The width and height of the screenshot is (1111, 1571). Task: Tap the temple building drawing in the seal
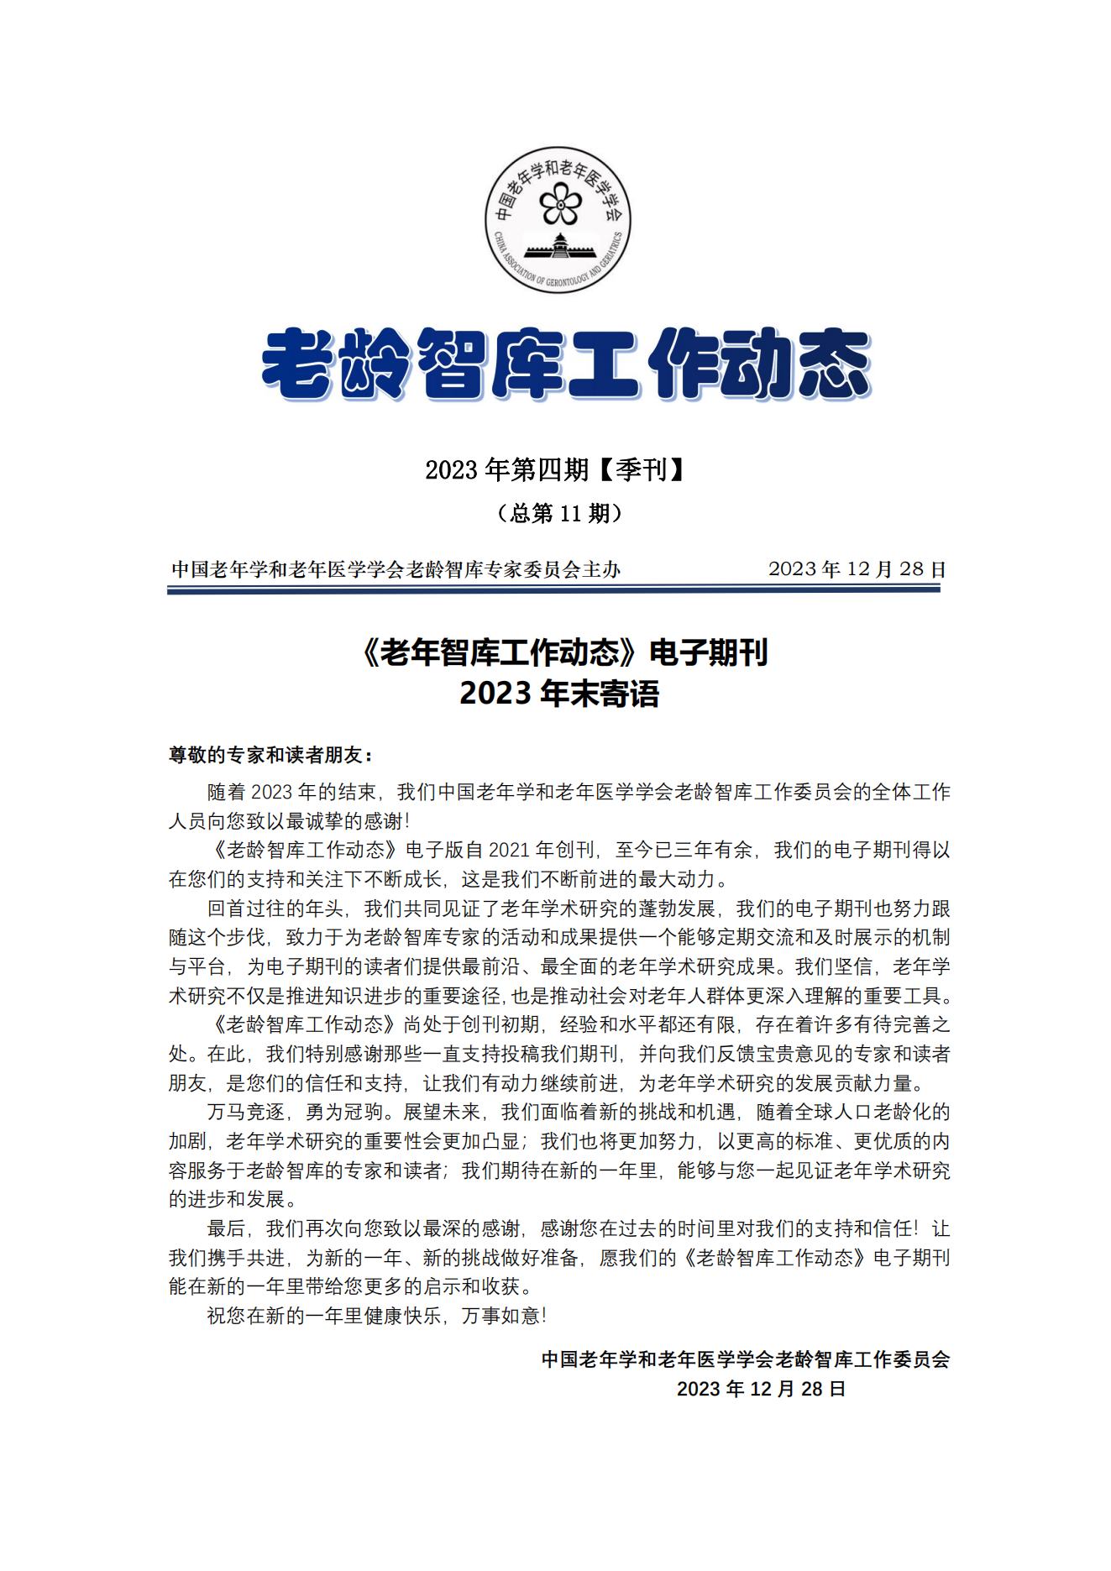coord(560,249)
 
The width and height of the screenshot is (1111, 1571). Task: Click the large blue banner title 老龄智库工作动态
coord(565,364)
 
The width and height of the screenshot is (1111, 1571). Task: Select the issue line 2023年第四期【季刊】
coord(554,469)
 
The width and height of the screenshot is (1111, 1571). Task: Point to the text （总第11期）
coord(559,513)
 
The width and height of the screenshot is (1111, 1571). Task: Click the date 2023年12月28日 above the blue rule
coord(857,569)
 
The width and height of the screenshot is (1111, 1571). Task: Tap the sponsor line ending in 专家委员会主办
coord(396,570)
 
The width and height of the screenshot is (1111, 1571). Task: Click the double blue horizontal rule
coord(553,589)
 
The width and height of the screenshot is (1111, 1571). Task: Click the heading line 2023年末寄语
coord(559,694)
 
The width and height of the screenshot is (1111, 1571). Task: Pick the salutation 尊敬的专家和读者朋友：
coord(270,755)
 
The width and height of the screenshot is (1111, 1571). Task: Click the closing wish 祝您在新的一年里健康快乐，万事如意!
coord(377,1315)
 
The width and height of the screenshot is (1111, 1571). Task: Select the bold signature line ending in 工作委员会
coord(746,1359)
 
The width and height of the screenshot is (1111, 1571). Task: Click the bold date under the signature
coord(761,1389)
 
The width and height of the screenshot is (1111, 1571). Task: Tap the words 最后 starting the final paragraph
coord(226,1228)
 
